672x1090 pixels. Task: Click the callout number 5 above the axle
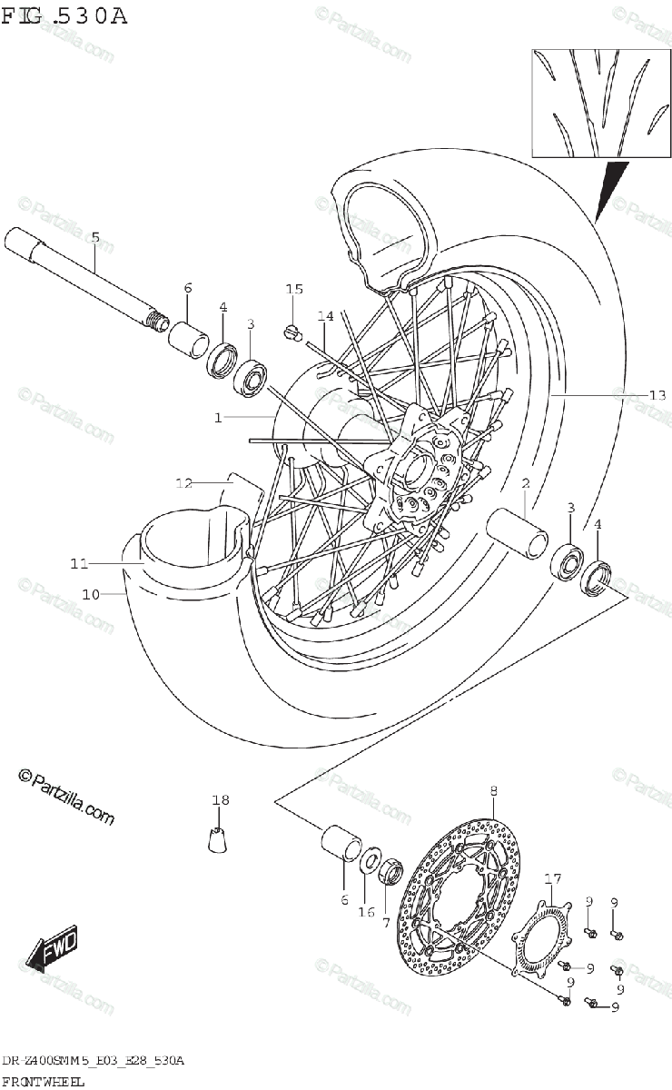click(95, 238)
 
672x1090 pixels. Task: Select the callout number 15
click(293, 290)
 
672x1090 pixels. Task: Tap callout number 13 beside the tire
click(657, 395)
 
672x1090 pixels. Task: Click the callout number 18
click(221, 800)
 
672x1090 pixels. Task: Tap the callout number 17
click(553, 878)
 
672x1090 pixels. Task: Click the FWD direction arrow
click(54, 949)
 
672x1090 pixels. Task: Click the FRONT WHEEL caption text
click(44, 1078)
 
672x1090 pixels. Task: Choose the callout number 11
click(79, 564)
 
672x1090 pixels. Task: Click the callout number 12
click(184, 482)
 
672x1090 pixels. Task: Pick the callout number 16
click(366, 912)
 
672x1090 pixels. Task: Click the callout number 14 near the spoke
click(326, 316)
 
